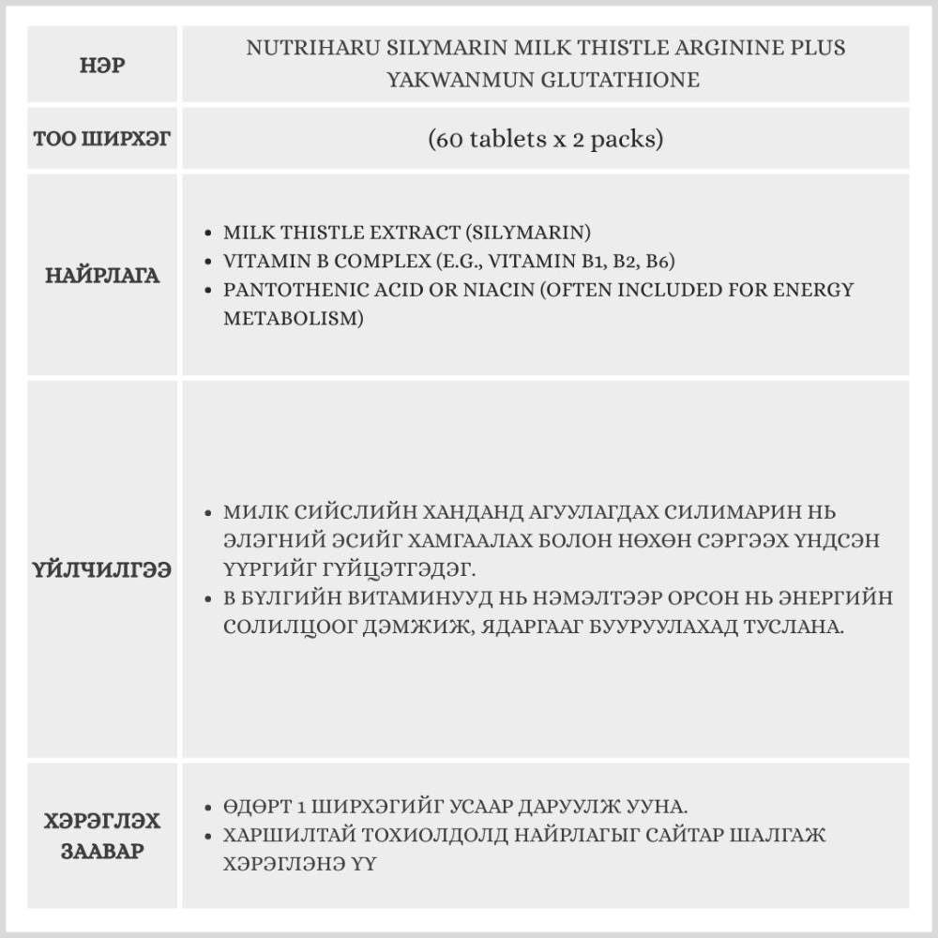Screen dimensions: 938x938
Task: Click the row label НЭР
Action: (103, 67)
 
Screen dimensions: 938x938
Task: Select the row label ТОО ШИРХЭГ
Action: (103, 140)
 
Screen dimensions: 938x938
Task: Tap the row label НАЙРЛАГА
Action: (103, 276)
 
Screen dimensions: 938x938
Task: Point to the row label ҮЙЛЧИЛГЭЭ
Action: (103, 570)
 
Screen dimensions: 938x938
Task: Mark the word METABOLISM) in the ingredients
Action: (293, 318)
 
